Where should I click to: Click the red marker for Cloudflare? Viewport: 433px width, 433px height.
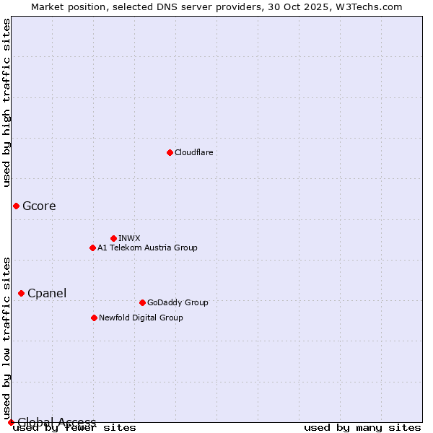point(170,152)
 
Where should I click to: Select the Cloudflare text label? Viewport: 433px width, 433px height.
point(193,152)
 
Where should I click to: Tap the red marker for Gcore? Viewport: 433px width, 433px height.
point(16,206)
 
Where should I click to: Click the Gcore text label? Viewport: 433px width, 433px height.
point(39,206)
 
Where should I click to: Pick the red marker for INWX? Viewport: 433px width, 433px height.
point(113,238)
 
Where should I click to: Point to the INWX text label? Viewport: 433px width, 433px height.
point(129,238)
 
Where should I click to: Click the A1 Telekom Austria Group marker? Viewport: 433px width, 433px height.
point(92,248)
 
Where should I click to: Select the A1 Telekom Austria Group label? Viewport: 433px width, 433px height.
point(147,248)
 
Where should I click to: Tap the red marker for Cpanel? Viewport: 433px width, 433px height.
point(21,293)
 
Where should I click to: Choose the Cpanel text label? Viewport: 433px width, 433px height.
point(47,293)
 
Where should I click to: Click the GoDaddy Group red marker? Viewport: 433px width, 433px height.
point(142,302)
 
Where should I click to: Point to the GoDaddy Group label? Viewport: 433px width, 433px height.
point(178,302)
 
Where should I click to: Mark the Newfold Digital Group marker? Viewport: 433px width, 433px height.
point(94,318)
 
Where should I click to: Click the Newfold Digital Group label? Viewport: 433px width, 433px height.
point(141,318)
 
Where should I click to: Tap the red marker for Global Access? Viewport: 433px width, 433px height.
point(11,422)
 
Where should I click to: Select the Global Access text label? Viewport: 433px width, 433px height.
point(57,422)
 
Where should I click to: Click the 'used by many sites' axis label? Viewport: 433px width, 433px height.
point(362,428)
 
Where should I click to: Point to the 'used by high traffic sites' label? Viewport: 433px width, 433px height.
point(6,102)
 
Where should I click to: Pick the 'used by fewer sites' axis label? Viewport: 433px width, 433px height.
point(74,428)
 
